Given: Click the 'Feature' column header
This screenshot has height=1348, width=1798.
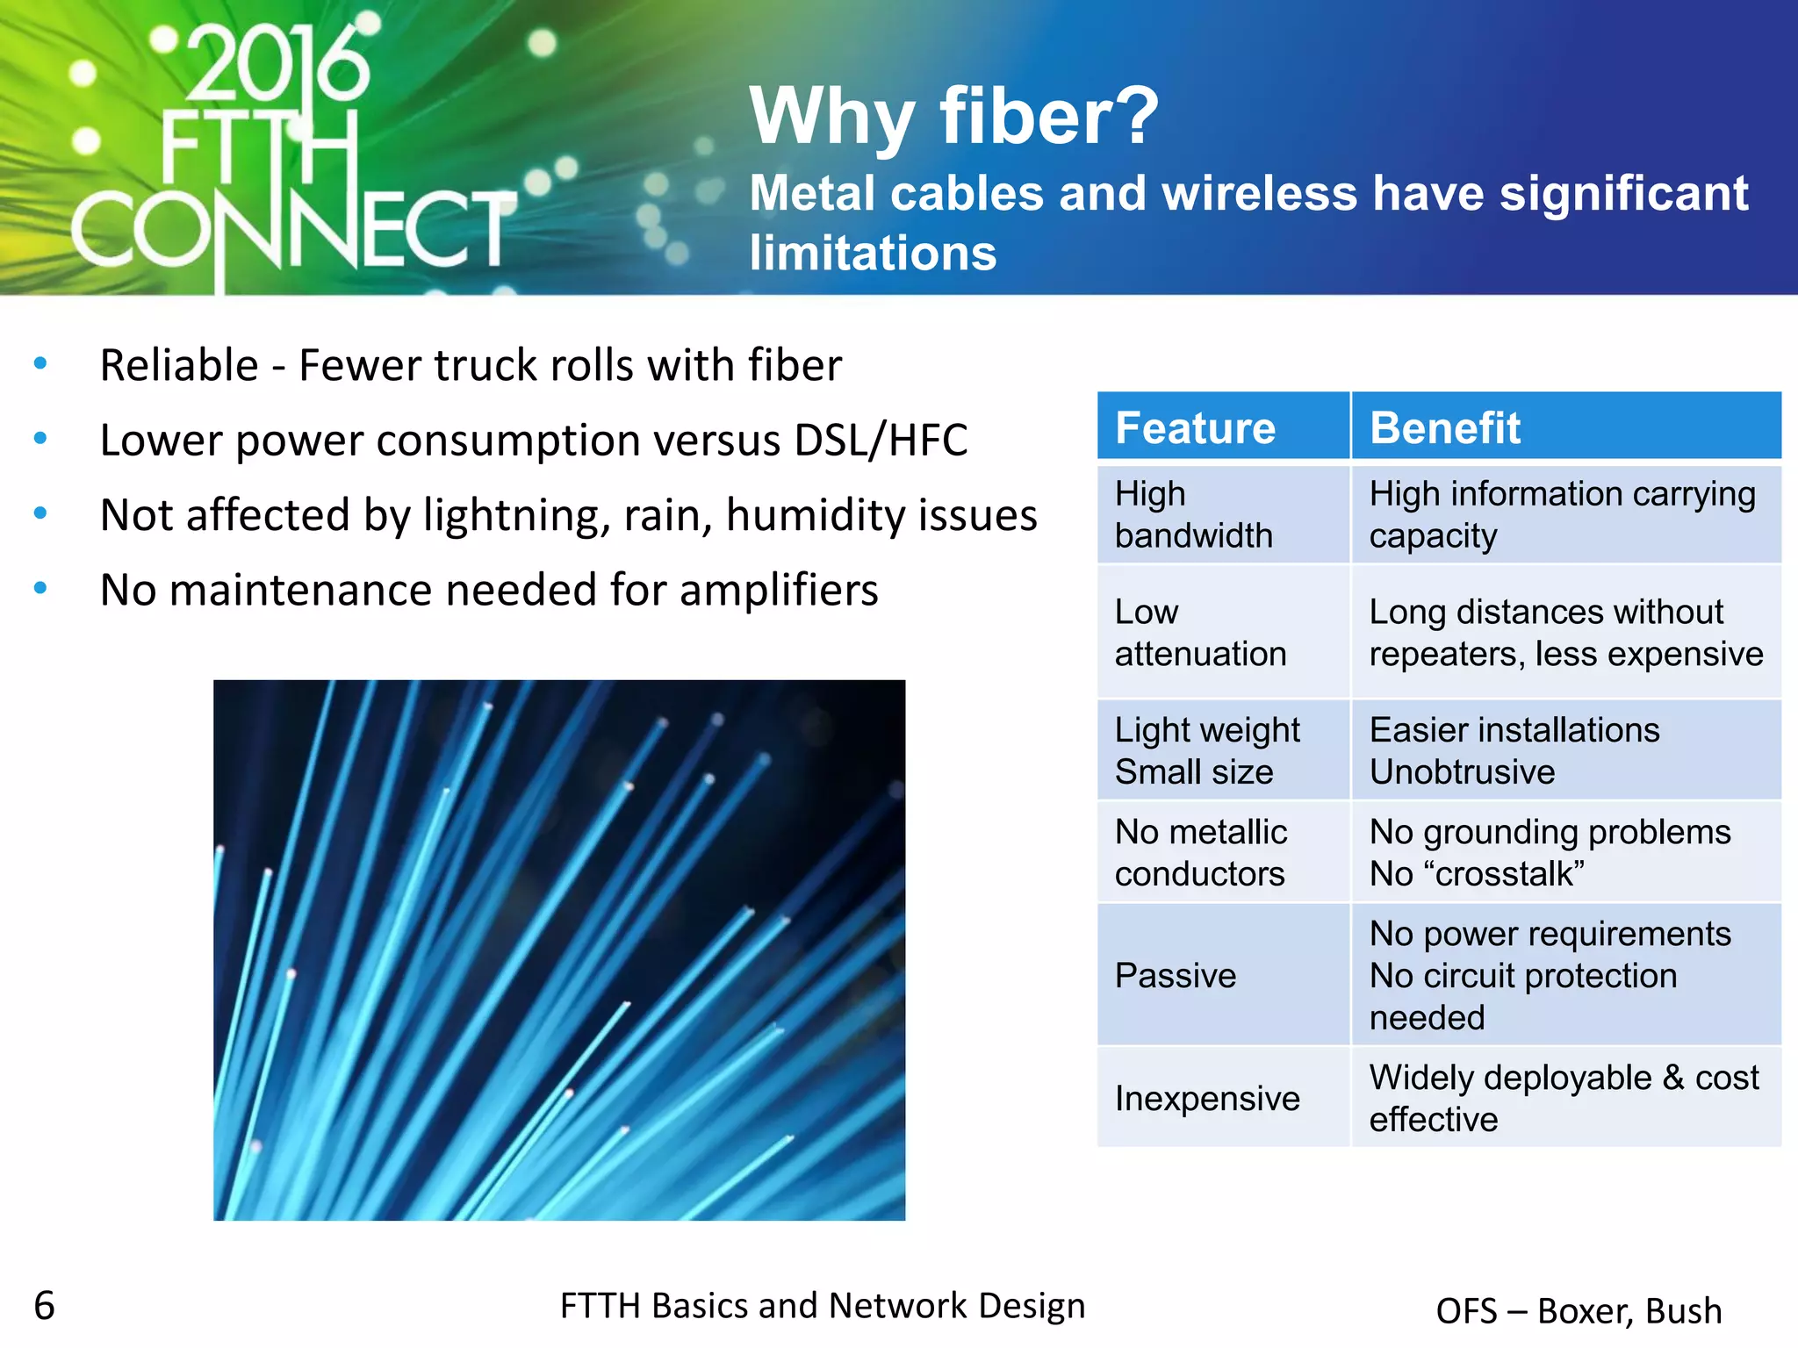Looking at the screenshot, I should pyautogui.click(x=1195, y=428).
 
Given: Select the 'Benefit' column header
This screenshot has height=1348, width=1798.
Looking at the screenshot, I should pyautogui.click(x=1445, y=428).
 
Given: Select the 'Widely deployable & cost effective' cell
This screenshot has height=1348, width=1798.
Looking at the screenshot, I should pyautogui.click(x=1564, y=1098).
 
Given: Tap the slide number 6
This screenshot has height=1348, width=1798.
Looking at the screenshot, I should pyautogui.click(x=45, y=1306).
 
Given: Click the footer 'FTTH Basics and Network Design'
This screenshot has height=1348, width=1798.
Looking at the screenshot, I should pyautogui.click(x=823, y=1306).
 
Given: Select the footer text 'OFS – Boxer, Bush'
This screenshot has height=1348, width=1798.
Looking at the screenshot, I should pyautogui.click(x=1579, y=1310).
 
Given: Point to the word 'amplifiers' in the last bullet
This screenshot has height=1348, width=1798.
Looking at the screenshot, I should pyautogui.click(x=779, y=590).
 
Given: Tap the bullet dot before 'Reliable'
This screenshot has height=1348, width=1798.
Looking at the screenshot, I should pyautogui.click(x=40, y=363).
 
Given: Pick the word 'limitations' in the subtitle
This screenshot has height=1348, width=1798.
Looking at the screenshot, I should pyautogui.click(x=873, y=254).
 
